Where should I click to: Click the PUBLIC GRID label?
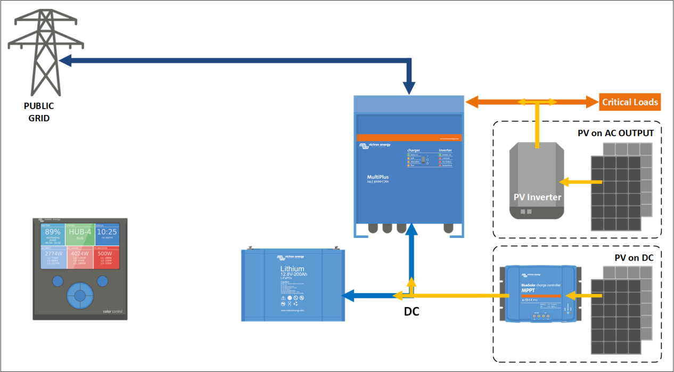click(39, 112)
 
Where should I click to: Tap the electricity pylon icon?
click(39, 53)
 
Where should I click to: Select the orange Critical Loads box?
click(630, 102)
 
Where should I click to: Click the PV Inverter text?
click(537, 197)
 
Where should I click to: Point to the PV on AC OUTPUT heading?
click(615, 133)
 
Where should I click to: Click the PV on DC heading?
click(634, 258)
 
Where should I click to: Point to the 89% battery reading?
click(52, 232)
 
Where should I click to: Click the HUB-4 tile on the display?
click(80, 232)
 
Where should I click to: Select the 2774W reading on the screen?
click(52, 254)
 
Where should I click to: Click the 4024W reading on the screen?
click(80, 254)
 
